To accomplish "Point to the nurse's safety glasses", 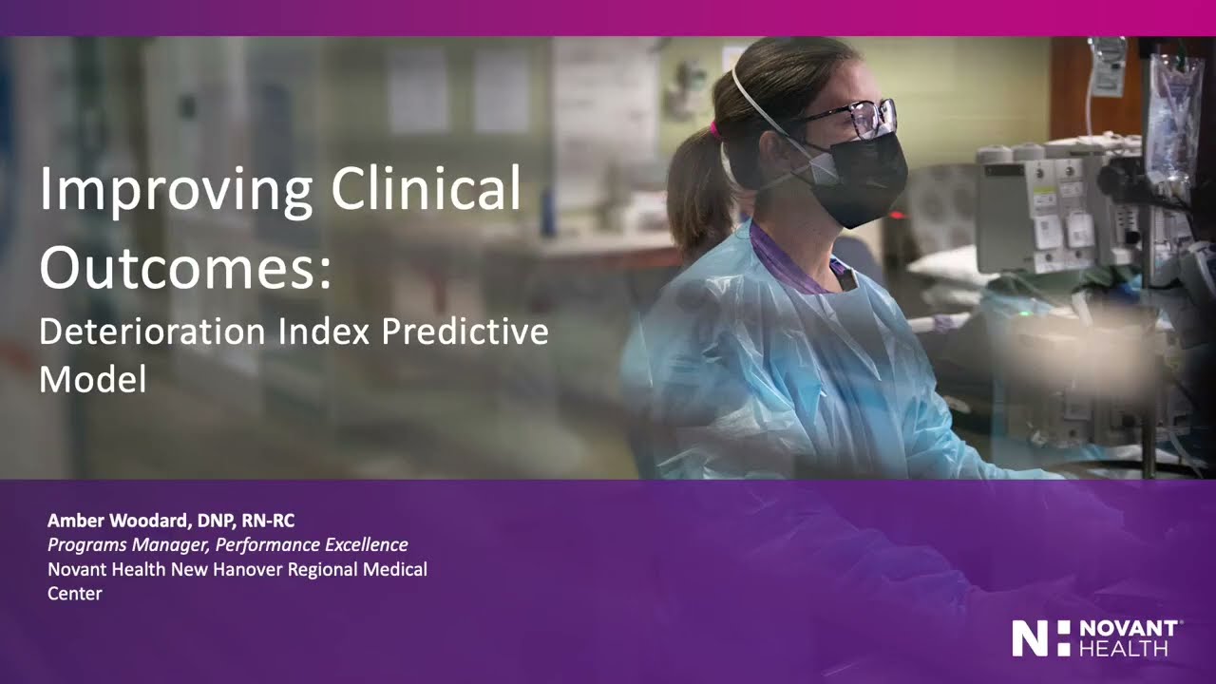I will coord(855,118).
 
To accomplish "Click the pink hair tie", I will coord(714,129).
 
